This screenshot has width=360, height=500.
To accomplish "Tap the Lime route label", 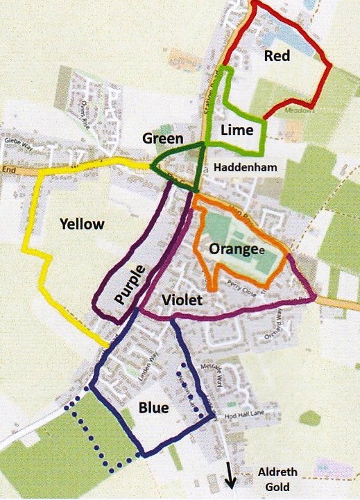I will (x=236, y=130).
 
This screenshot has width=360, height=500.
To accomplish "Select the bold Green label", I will (x=162, y=138).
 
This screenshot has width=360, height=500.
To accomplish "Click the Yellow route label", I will (x=82, y=223).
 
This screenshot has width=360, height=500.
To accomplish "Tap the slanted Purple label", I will (x=131, y=284).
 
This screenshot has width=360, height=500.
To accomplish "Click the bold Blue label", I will (x=153, y=408).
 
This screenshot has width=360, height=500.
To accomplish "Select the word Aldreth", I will (x=277, y=472).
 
